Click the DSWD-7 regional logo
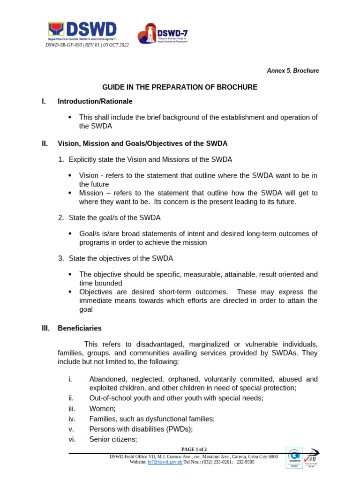point(163,34)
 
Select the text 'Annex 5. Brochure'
point(293,71)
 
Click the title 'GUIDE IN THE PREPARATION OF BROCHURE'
point(180,87)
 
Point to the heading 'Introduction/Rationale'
point(95,101)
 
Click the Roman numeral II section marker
point(45,143)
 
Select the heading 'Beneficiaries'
point(79,328)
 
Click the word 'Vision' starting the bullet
point(89,175)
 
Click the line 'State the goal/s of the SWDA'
point(114,217)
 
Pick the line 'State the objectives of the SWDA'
point(120,258)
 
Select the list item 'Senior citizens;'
point(113,439)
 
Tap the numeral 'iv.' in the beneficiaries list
point(72,419)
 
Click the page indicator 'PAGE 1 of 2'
point(194,449)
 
